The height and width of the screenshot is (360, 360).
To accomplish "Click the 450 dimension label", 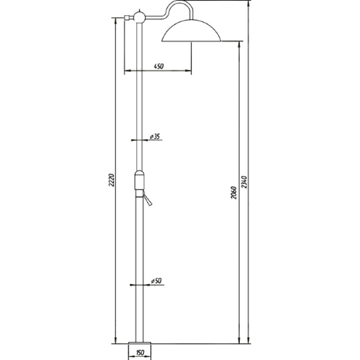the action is [159, 66].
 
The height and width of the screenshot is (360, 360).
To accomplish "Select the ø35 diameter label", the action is [155, 137].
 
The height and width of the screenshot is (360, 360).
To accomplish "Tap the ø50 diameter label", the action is [156, 281].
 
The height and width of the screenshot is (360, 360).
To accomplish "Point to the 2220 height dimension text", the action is [111, 180].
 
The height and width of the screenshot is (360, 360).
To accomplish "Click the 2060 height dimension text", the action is [234, 193].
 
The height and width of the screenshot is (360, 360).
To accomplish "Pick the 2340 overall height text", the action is [244, 182].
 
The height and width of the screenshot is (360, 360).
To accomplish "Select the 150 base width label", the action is [139, 352].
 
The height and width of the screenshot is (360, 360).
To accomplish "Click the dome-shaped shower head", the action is [191, 30].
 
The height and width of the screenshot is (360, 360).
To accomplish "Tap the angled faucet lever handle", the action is [147, 198].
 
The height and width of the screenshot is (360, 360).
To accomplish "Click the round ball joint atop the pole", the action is [139, 17].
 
